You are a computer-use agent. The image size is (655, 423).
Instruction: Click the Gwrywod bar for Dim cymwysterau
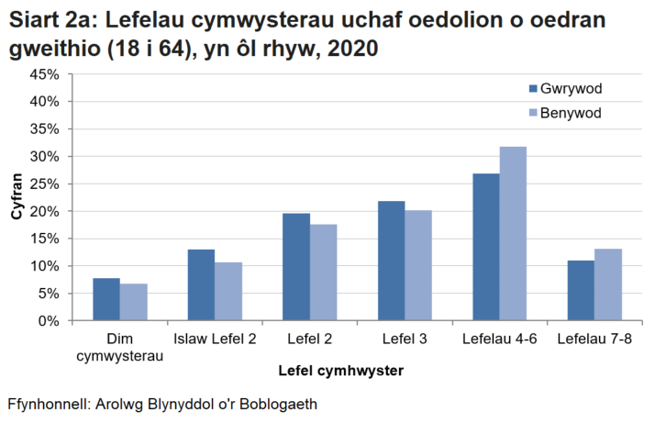tap(106, 299)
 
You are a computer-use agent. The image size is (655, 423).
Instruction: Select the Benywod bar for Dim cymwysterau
tap(134, 302)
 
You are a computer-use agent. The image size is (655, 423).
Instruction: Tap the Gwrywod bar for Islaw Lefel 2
tap(201, 284)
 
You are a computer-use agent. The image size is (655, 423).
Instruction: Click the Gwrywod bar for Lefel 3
tap(391, 261)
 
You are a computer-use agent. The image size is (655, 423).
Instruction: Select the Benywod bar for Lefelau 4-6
tap(513, 233)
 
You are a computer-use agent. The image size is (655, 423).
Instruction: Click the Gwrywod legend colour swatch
tap(533, 88)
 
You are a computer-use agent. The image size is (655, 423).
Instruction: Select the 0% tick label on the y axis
tap(50, 321)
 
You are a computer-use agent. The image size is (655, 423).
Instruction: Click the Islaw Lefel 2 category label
tap(215, 340)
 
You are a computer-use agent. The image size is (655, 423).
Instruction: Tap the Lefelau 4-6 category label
tap(499, 340)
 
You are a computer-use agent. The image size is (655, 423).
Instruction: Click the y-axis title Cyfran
tap(17, 197)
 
